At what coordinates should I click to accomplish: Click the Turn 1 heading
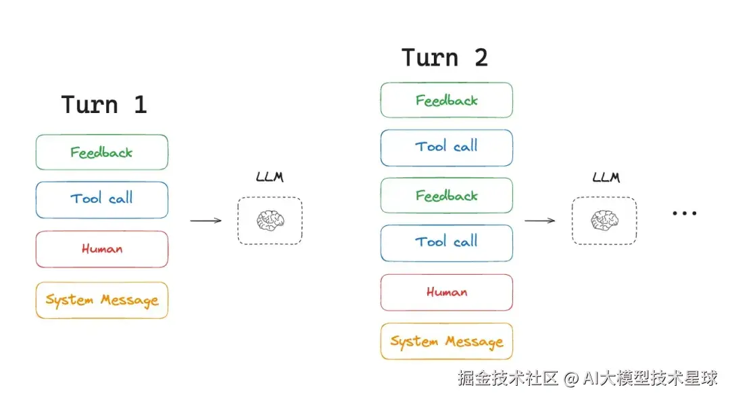pyautogui.click(x=104, y=104)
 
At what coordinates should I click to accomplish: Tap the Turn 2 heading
pyautogui.click(x=445, y=58)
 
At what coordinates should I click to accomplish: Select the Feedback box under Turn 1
pyautogui.click(x=102, y=152)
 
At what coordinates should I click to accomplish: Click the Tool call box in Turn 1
pyautogui.click(x=102, y=200)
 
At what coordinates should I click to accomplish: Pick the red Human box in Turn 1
pyautogui.click(x=102, y=249)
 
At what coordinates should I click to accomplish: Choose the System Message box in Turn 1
pyautogui.click(x=102, y=301)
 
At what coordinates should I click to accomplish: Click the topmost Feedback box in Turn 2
pyautogui.click(x=447, y=100)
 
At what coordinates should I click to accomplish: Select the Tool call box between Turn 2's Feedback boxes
pyautogui.click(x=447, y=148)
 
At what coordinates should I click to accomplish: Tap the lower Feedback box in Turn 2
pyautogui.click(x=447, y=196)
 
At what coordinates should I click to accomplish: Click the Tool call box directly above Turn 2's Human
pyautogui.click(x=447, y=243)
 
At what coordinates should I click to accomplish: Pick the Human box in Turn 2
pyautogui.click(x=447, y=292)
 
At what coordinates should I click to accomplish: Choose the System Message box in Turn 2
pyautogui.click(x=447, y=341)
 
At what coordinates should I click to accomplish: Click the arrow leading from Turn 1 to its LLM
pyautogui.click(x=205, y=221)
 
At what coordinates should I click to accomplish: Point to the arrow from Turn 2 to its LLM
pyautogui.click(x=540, y=221)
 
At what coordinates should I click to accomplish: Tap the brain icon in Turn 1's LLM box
pyautogui.click(x=270, y=221)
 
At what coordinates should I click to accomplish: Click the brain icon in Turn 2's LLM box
pyautogui.click(x=605, y=221)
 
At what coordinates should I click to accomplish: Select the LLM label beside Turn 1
pyautogui.click(x=270, y=177)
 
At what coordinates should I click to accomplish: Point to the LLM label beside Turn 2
pyautogui.click(x=606, y=177)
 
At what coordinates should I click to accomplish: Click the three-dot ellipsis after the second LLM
pyautogui.click(x=684, y=213)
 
